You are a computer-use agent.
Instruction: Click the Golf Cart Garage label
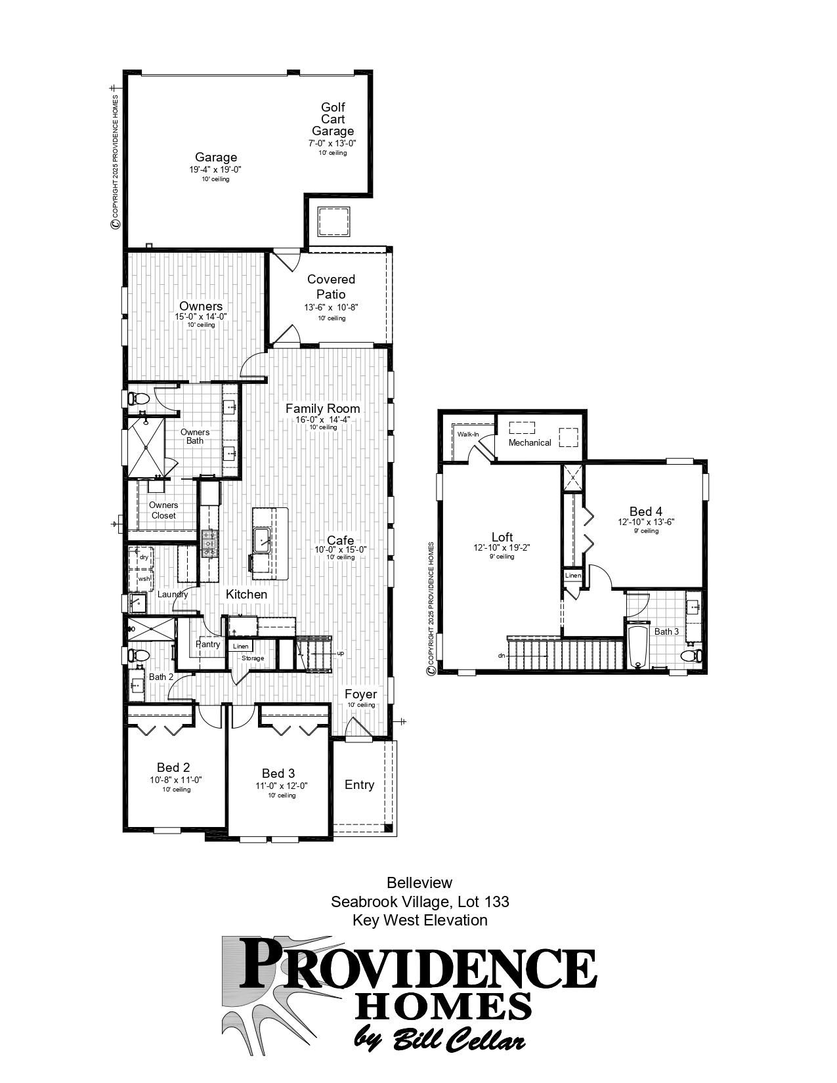(332, 119)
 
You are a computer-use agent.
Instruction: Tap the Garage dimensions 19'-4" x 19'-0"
(215, 169)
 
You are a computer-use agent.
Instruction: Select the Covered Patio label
(331, 287)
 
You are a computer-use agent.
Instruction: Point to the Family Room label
(322, 408)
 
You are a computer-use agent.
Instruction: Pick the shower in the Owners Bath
(144, 447)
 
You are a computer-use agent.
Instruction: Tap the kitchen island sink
(264, 541)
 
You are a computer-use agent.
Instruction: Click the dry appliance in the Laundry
(143, 557)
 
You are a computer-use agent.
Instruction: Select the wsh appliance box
(143, 579)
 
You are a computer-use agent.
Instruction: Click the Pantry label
(208, 645)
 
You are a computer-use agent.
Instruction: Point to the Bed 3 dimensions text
(282, 786)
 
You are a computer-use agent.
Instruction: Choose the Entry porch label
(359, 785)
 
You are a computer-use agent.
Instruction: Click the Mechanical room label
(530, 442)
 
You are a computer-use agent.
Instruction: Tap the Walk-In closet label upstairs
(467, 435)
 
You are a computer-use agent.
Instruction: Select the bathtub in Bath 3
(637, 647)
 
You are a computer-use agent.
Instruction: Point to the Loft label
(502, 537)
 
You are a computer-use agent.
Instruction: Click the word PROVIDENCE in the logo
(416, 963)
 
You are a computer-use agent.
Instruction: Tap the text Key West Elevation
(419, 920)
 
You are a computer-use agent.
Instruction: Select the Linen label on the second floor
(572, 576)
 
